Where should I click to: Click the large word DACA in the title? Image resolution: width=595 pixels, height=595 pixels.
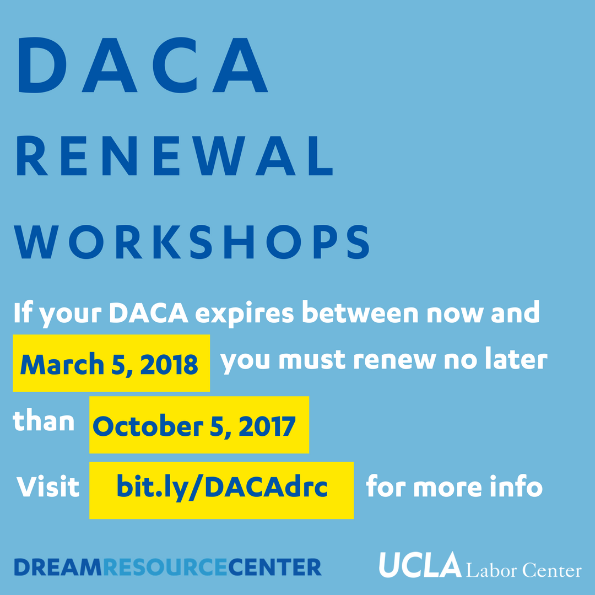pyautogui.click(x=143, y=65)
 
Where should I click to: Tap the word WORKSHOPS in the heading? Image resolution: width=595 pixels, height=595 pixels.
pyautogui.click(x=192, y=241)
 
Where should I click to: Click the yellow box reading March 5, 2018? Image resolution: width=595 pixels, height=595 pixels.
pyautogui.click(x=111, y=364)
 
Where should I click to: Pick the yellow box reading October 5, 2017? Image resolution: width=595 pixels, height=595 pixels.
pyautogui.click(x=199, y=425)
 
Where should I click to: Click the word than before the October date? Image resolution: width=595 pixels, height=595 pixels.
pyautogui.click(x=44, y=422)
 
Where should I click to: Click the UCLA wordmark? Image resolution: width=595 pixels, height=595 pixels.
pyautogui.click(x=419, y=565)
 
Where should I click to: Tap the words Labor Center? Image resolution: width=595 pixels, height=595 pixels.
pyautogui.click(x=523, y=570)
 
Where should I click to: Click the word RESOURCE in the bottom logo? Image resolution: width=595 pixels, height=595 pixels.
pyautogui.click(x=165, y=566)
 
